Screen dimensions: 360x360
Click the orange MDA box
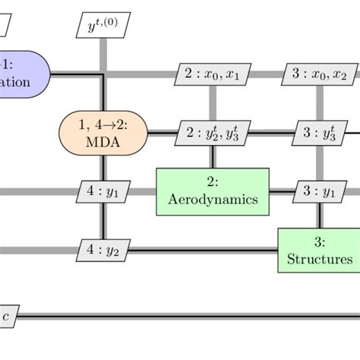[103, 134]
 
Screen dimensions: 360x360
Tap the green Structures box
[319, 249]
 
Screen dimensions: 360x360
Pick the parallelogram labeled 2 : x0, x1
[212, 74]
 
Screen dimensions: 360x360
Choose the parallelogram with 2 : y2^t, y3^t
[212, 133]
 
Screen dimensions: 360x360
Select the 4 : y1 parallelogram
[103, 192]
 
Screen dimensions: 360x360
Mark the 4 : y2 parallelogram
[103, 249]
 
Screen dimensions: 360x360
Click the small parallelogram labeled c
[8, 315]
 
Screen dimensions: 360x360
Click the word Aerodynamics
[213, 200]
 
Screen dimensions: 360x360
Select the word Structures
[320, 259]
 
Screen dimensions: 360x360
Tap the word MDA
[103, 142]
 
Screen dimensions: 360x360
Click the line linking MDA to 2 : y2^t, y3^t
[161, 133]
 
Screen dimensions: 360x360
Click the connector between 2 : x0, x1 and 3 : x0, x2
[265, 74]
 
